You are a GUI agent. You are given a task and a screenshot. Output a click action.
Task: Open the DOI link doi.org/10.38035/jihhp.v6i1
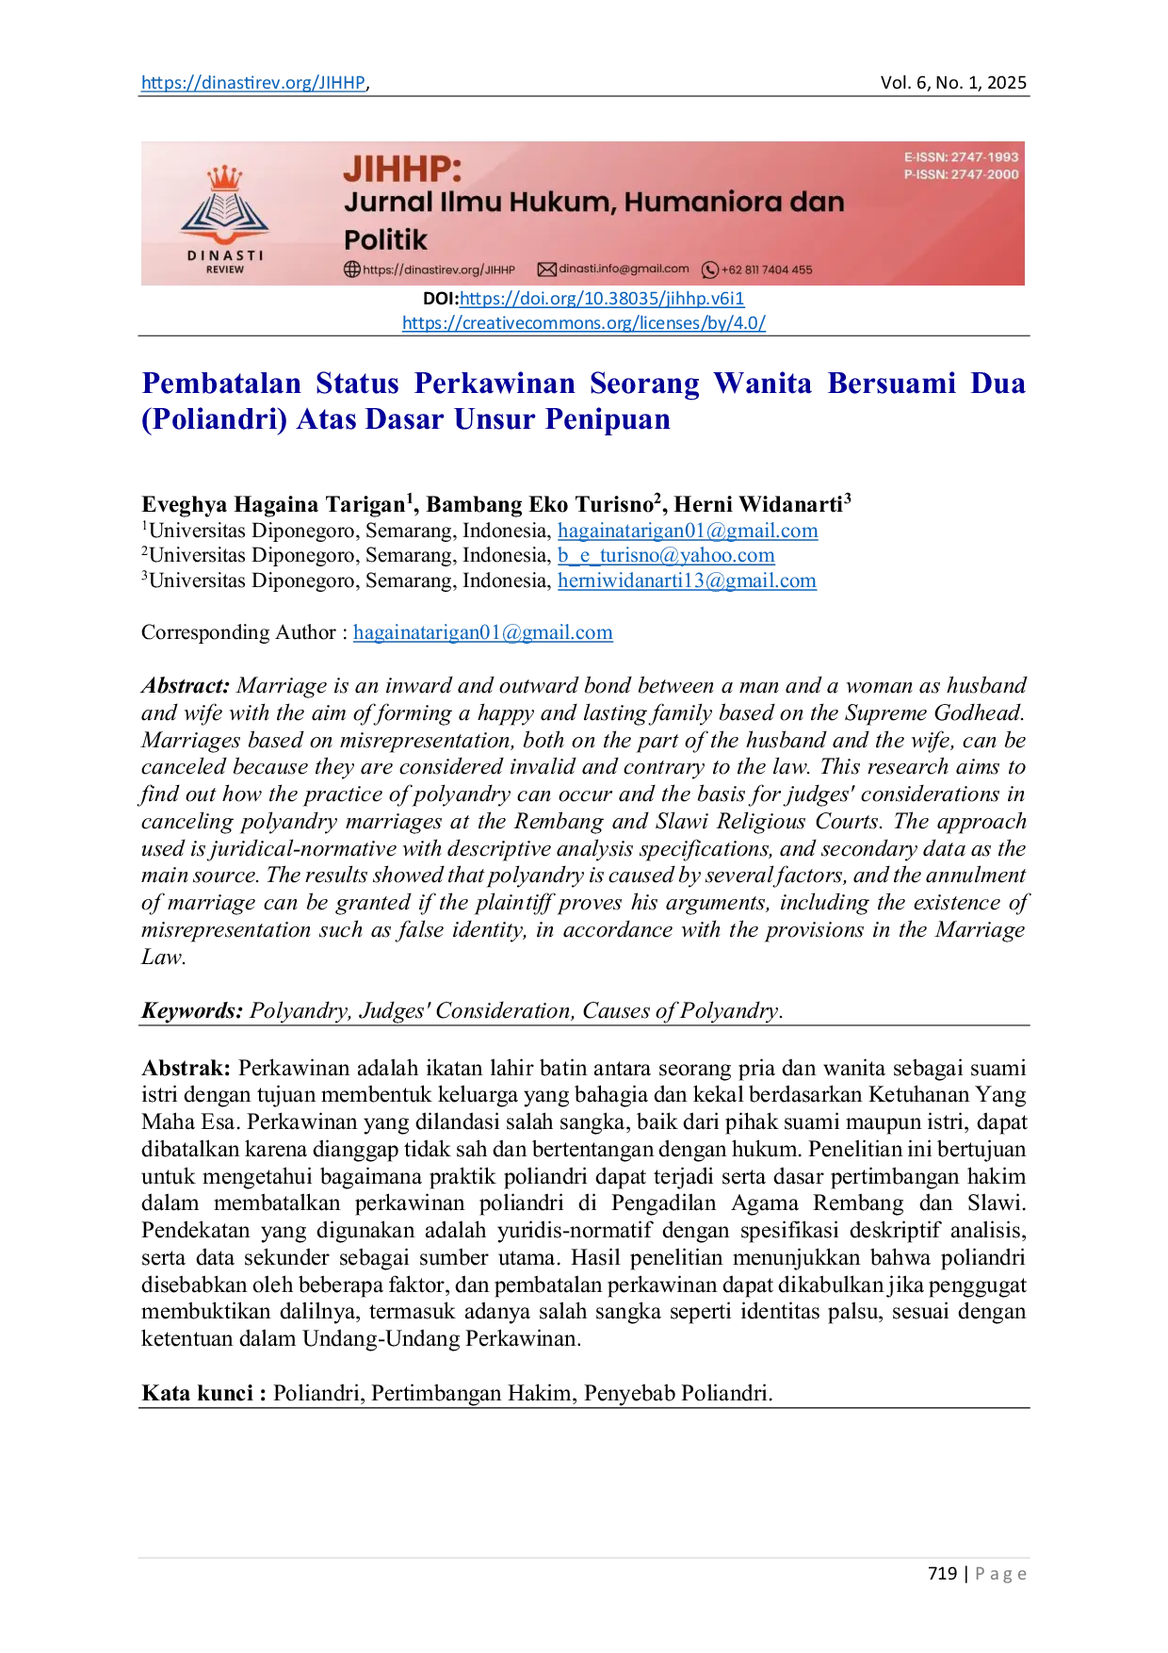(x=602, y=299)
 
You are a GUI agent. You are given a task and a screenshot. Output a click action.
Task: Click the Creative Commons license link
(x=584, y=323)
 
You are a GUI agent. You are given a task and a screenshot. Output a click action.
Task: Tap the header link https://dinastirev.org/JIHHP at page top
(x=253, y=83)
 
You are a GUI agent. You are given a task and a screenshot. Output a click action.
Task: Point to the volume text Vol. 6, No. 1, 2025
(x=953, y=83)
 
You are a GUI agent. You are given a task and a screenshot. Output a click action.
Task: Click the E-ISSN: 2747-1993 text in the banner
(x=962, y=157)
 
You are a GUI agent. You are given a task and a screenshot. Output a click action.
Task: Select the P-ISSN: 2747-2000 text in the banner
(x=962, y=174)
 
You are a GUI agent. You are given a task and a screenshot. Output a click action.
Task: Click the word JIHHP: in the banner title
(x=403, y=170)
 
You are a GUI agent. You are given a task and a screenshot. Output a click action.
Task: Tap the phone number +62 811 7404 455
(x=766, y=270)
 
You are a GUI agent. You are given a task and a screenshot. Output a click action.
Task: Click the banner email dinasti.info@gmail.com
(x=624, y=269)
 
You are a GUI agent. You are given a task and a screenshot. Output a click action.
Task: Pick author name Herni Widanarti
(x=758, y=504)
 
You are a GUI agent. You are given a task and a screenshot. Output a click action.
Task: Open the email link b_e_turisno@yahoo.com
(x=666, y=556)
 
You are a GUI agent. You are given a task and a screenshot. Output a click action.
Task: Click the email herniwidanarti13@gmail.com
(x=687, y=581)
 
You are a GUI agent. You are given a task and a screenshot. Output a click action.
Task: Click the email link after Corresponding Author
(x=483, y=632)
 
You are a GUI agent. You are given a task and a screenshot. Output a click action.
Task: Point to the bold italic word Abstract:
(x=186, y=685)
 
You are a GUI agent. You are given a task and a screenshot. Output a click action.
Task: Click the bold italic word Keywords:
(x=192, y=1011)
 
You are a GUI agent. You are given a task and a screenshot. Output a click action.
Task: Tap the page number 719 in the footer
(x=942, y=1573)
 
